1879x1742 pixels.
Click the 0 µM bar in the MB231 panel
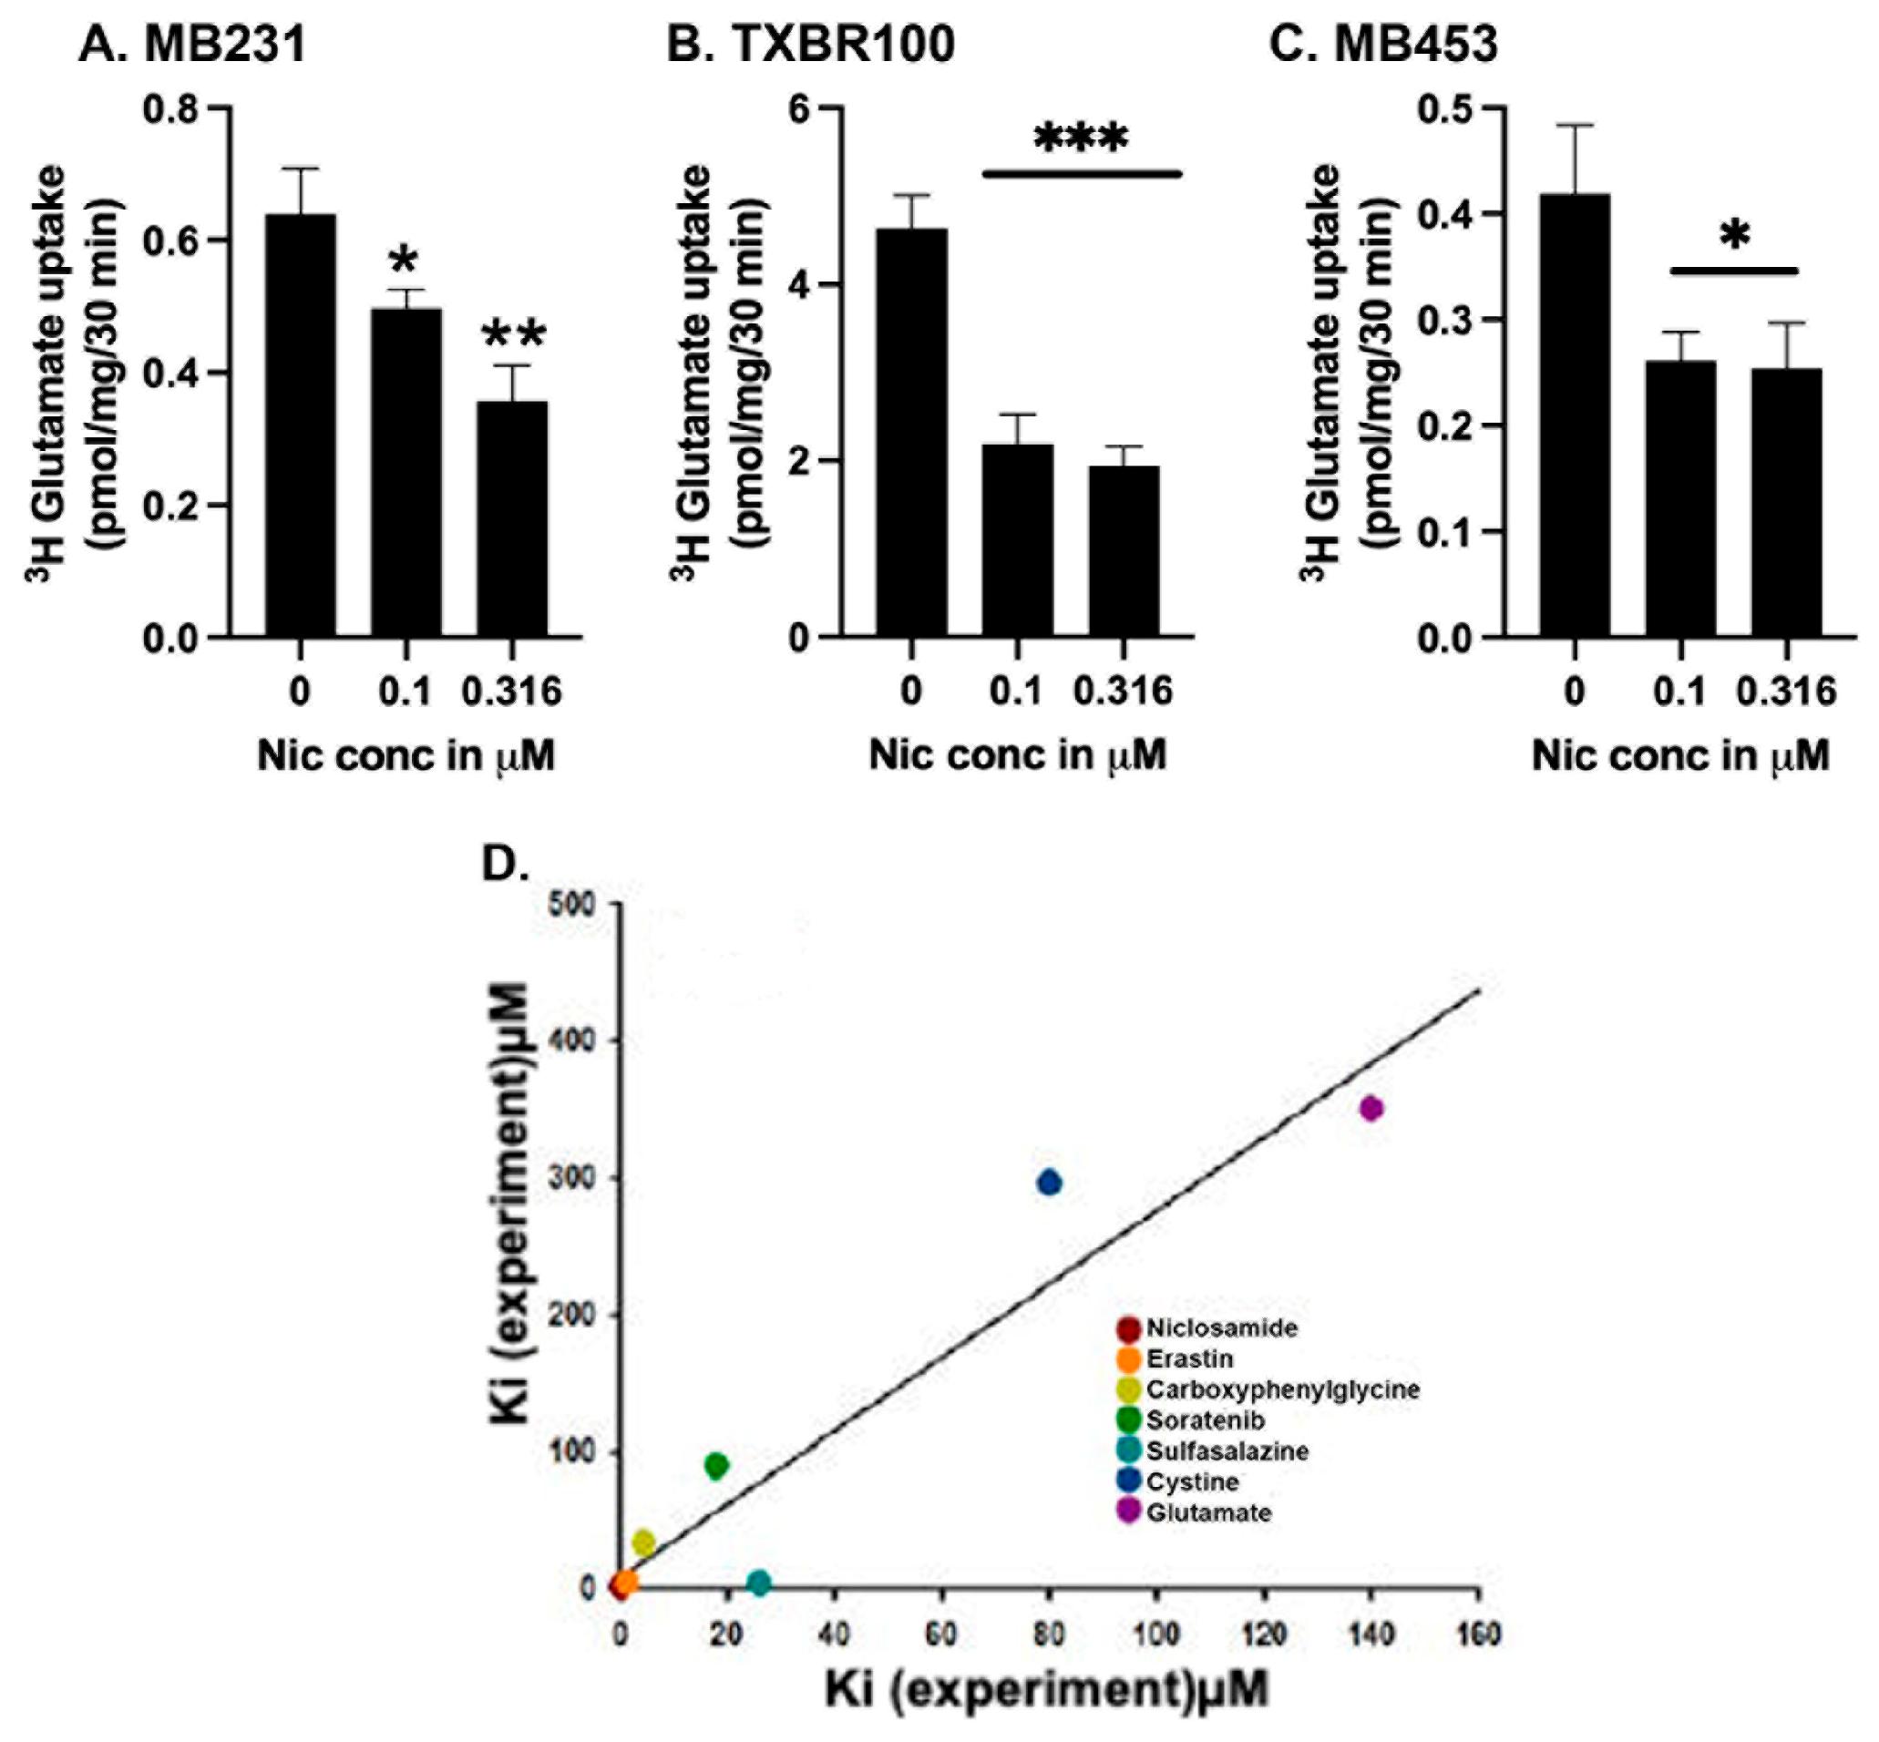300,425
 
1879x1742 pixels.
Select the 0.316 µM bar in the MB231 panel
512,518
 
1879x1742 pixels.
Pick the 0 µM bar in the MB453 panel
1575,415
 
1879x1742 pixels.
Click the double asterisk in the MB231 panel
514,334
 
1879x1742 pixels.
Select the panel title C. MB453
1383,44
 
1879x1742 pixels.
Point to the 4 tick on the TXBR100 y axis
799,284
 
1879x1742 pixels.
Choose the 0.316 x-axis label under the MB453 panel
1786,691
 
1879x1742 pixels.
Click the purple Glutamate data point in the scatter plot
1371,1109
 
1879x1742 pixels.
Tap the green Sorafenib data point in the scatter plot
716,1465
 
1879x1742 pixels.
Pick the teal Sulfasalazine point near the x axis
759,1583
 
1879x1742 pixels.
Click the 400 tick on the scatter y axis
572,1040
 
